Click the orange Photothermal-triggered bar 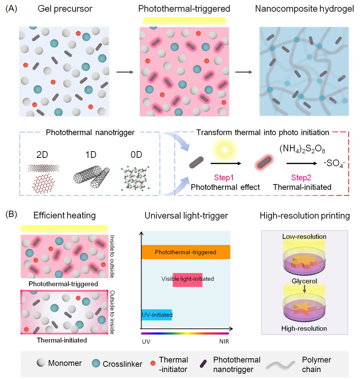pos(186,252)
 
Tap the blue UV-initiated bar pos(157,315)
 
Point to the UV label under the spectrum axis pos(146,342)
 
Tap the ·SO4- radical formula pos(334,163)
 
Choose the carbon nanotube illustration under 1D pos(92,174)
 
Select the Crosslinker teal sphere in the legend pos(94,364)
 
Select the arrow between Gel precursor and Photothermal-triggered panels pos(125,72)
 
